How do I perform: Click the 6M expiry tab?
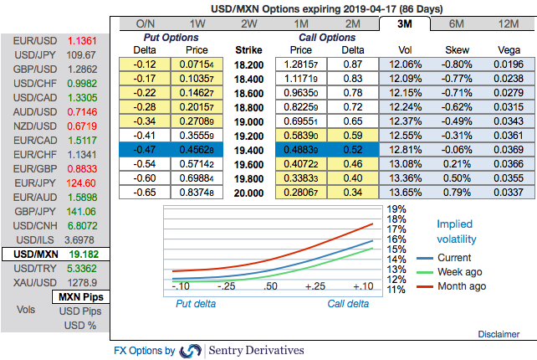click(457, 23)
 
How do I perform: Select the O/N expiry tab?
click(145, 23)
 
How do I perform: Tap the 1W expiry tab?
click(197, 23)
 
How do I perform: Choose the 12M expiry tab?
click(509, 23)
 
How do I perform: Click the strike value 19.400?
click(251, 151)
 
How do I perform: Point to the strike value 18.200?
click(251, 64)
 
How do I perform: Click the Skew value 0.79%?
click(456, 193)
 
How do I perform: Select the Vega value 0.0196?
click(508, 64)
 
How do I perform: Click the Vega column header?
click(508, 50)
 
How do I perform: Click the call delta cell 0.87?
click(353, 64)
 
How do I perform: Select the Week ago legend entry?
click(453, 272)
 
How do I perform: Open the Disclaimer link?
click(499, 334)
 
